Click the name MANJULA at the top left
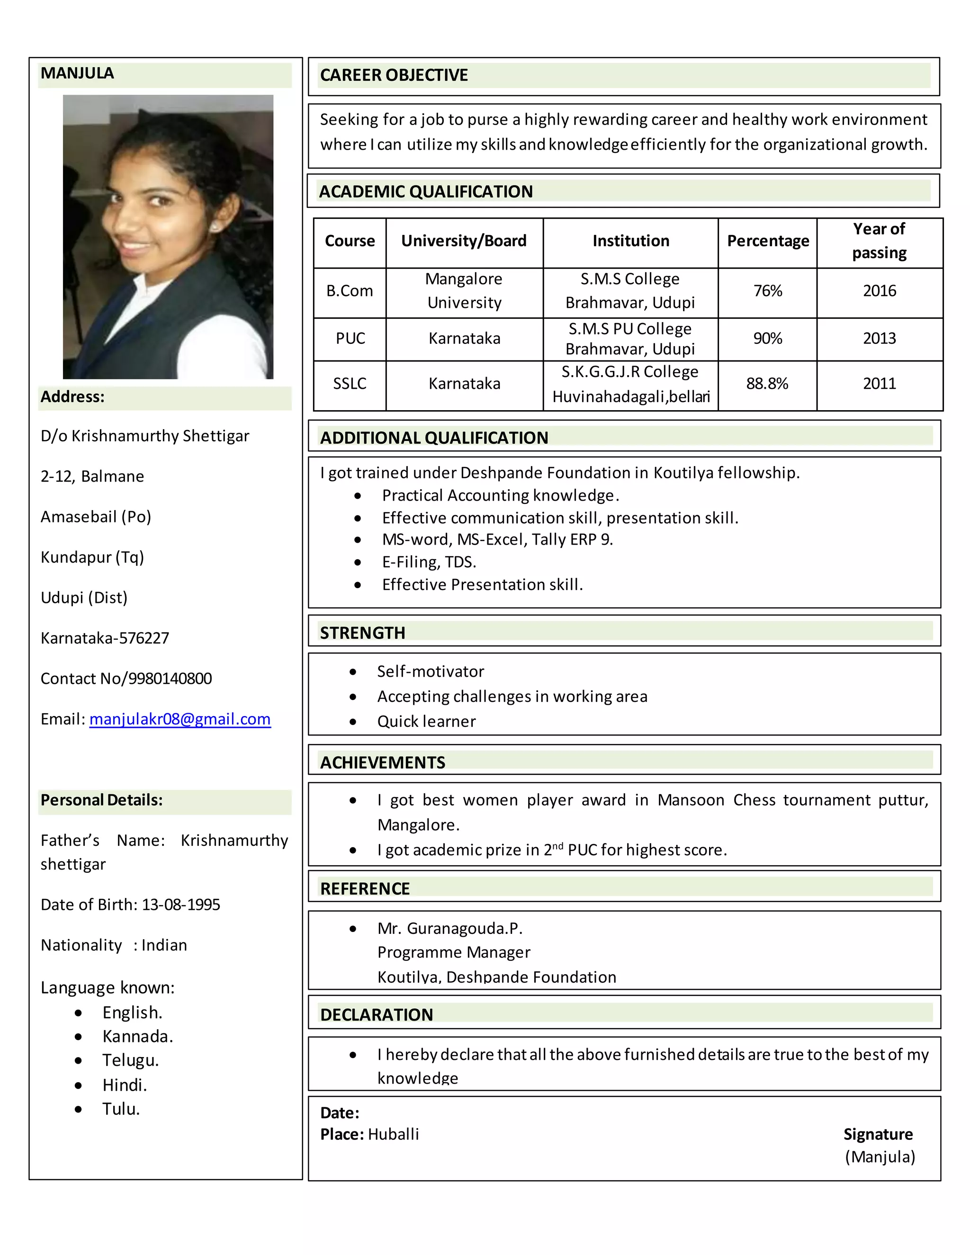coord(77,73)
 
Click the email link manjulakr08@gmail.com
coord(180,719)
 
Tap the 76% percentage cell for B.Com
coord(767,291)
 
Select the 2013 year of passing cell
coord(879,339)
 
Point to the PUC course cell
coord(350,339)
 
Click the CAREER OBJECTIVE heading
coord(394,75)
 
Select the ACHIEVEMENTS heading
coord(382,762)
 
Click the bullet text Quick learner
coord(426,721)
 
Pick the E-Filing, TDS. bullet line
coord(429,562)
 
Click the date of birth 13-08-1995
coord(180,905)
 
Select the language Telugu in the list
coord(130,1060)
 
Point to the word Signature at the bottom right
coord(878,1134)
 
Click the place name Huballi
coord(393,1134)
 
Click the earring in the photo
coord(216,226)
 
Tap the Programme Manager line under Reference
coord(453,952)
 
